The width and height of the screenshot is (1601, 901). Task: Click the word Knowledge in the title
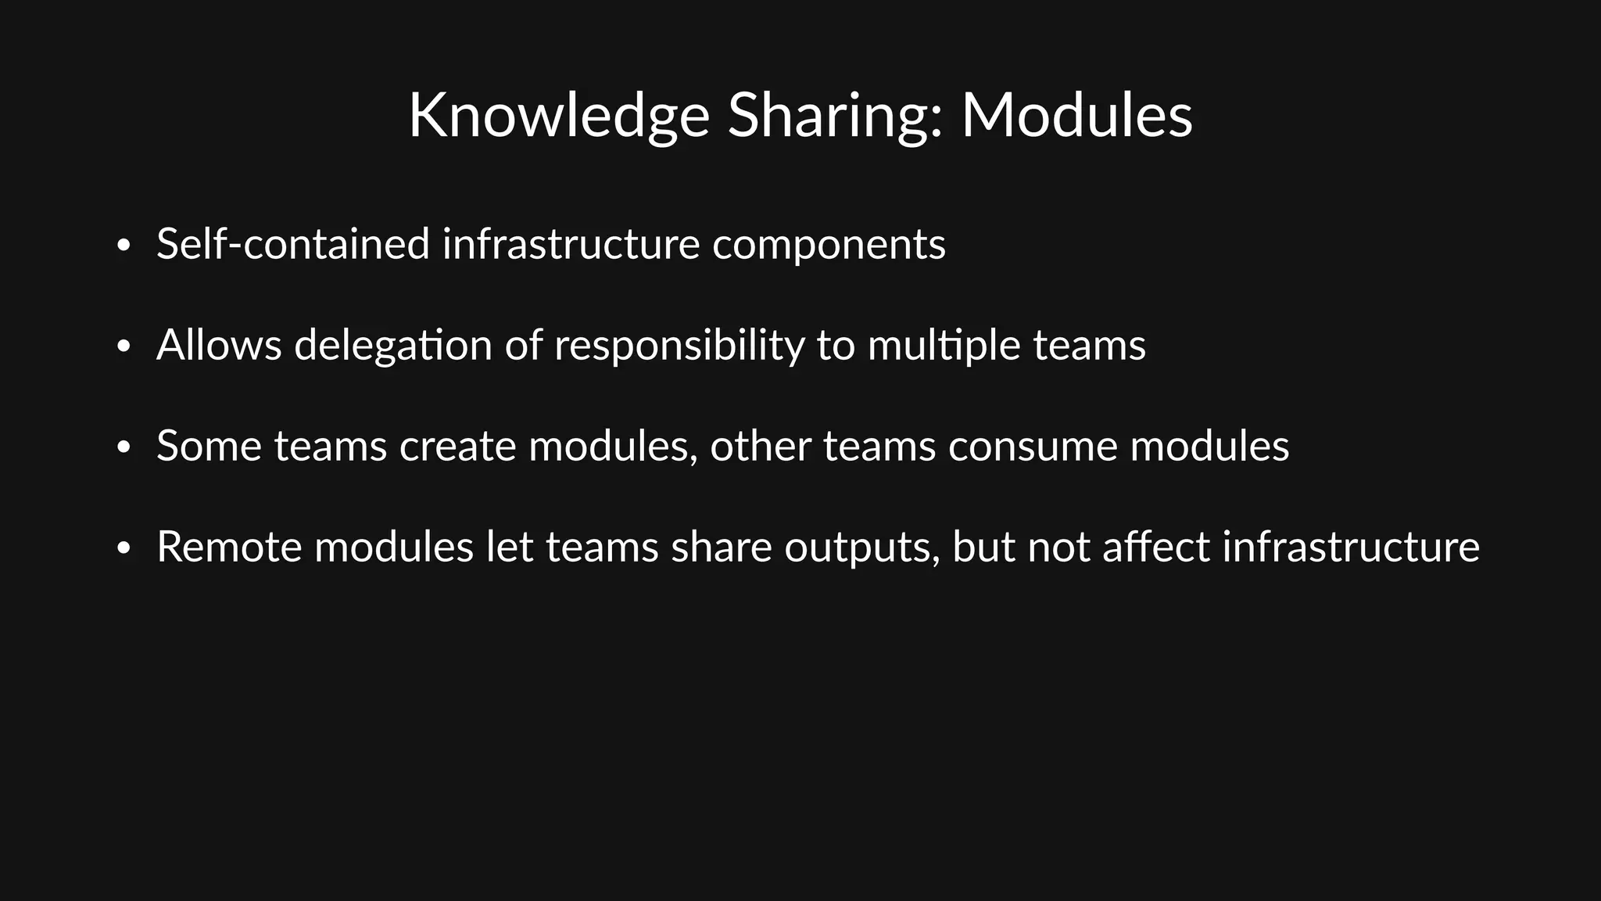(x=558, y=116)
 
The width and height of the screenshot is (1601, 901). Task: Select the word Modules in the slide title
(x=1076, y=116)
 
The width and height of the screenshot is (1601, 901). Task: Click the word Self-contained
(x=293, y=244)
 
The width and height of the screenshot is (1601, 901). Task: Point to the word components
(x=829, y=246)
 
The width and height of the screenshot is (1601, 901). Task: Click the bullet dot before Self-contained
(x=123, y=246)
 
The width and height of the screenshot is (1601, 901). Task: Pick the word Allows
(x=219, y=345)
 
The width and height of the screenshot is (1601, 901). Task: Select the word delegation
(x=392, y=346)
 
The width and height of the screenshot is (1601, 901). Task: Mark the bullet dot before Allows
(x=123, y=347)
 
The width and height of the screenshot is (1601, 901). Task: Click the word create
(x=457, y=446)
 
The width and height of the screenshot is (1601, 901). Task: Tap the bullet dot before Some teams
(x=123, y=448)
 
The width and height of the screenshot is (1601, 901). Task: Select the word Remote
(x=229, y=547)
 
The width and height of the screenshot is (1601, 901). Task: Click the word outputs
(x=862, y=548)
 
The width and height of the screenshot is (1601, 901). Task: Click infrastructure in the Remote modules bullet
(x=1351, y=547)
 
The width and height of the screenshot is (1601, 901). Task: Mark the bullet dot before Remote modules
(x=123, y=549)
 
